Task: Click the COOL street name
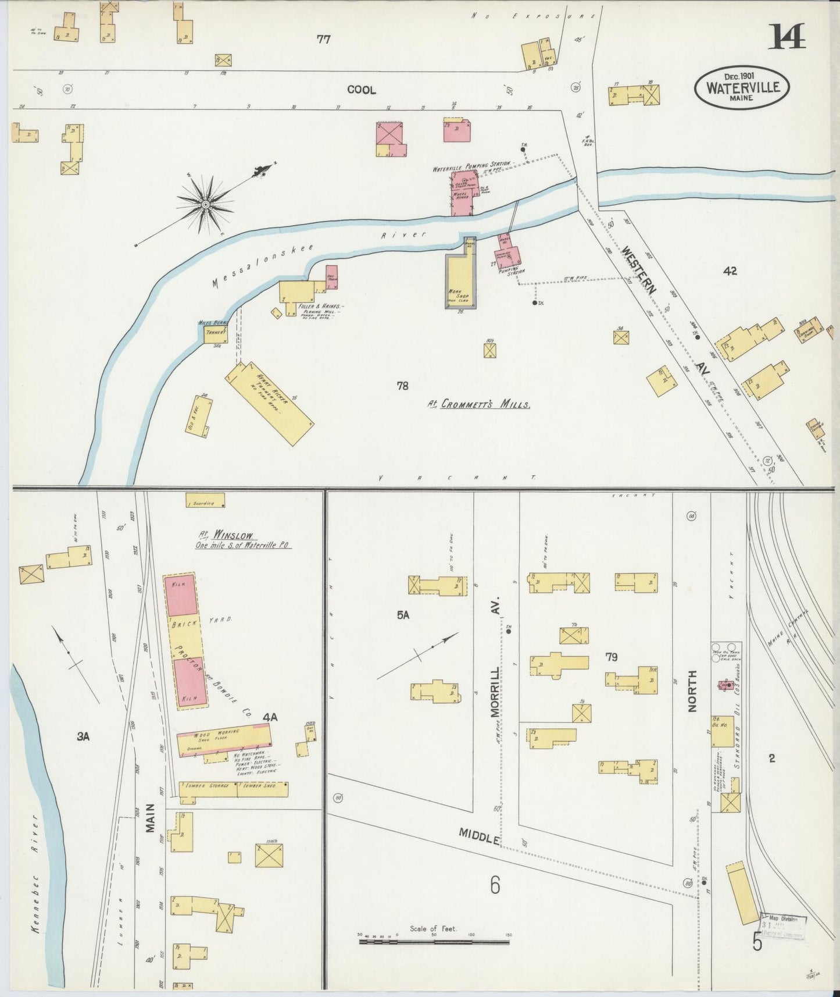[361, 90]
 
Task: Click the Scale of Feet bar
[434, 936]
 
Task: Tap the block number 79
[610, 657]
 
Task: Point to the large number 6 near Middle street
[494, 885]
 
